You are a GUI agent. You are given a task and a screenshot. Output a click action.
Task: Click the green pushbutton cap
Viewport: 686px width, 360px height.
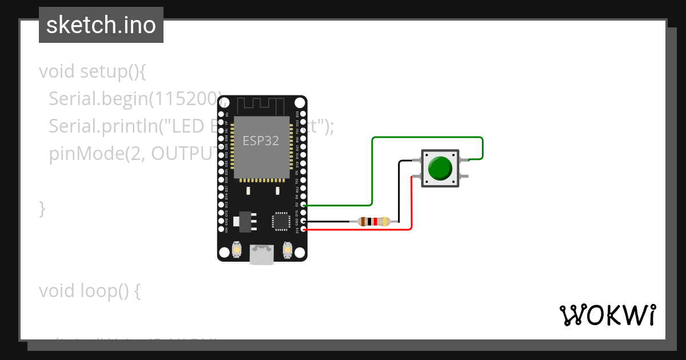pyautogui.click(x=440, y=168)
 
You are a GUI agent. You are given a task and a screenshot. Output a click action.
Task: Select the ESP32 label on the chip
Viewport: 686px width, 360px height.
pyautogui.click(x=261, y=141)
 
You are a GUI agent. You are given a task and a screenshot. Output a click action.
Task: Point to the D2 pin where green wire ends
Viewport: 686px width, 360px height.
pyautogui.click(x=304, y=205)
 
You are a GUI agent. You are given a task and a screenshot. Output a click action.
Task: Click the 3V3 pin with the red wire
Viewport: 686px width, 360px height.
pyautogui.click(x=304, y=230)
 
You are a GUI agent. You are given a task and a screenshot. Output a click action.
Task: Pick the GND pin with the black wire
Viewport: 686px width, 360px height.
pyautogui.click(x=304, y=221)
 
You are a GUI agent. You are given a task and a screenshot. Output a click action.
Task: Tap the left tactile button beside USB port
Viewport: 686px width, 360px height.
pyautogui.click(x=237, y=250)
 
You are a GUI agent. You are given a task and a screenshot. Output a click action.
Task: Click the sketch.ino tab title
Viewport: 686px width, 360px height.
pyautogui.click(x=101, y=25)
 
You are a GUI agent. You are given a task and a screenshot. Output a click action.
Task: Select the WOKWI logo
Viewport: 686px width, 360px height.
pyautogui.click(x=607, y=315)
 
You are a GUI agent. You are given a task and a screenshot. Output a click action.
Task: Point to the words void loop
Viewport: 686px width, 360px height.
pyautogui.click(x=89, y=291)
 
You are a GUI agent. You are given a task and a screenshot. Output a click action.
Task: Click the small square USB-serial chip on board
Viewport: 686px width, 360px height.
pyautogui.click(x=281, y=221)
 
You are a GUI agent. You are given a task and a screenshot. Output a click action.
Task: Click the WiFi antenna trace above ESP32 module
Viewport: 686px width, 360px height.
pyautogui.click(x=261, y=105)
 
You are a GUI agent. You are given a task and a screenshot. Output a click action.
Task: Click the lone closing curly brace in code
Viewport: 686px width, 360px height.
pyautogui.click(x=42, y=209)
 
